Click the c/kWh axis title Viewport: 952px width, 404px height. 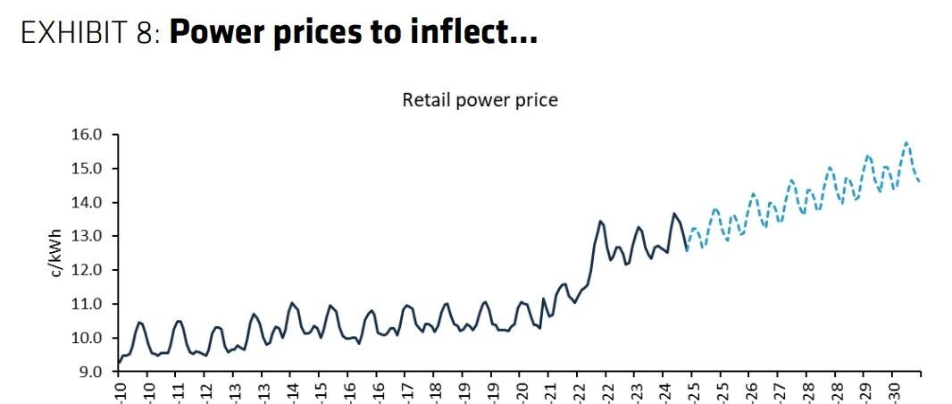click(56, 252)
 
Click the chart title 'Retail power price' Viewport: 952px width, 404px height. click(480, 100)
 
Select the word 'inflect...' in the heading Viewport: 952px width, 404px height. click(479, 33)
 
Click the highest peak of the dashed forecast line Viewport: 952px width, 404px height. click(906, 142)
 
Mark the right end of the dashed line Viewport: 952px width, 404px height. click(920, 181)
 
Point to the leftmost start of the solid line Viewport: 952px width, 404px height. click(119, 363)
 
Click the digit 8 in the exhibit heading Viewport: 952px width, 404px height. click(149, 33)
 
